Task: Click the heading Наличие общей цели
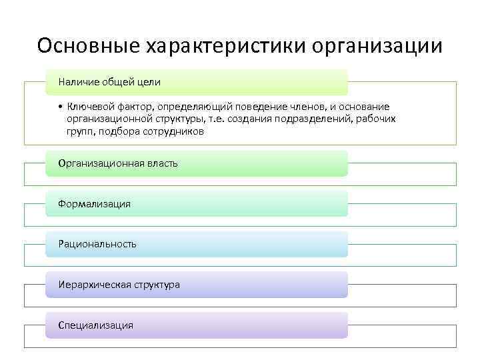click(x=109, y=82)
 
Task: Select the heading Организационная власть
click(x=118, y=163)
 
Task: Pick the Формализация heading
click(x=95, y=204)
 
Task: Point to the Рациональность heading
click(x=97, y=244)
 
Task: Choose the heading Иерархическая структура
click(x=119, y=285)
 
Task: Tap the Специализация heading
click(x=96, y=325)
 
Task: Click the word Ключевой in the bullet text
click(x=87, y=107)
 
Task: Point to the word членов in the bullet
click(x=299, y=107)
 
